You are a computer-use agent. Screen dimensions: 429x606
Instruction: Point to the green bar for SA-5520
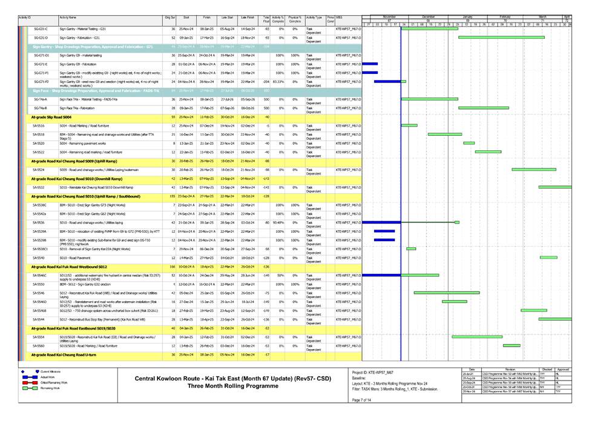click(469, 143)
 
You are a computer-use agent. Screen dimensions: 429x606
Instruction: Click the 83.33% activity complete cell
click(279, 81)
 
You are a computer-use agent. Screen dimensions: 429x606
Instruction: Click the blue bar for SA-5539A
click(384, 231)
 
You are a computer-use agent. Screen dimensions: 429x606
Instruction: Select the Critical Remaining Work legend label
click(46, 382)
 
